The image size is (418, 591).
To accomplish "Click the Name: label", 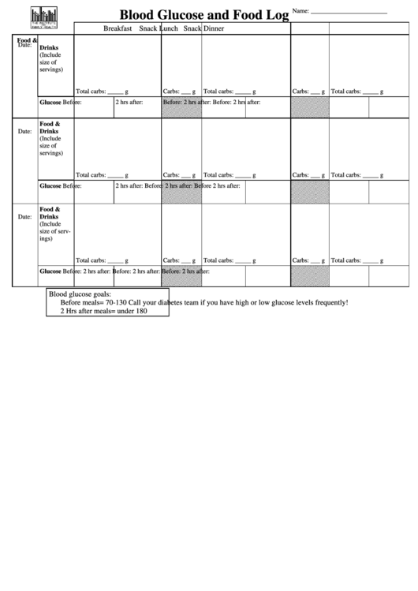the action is pos(300,10).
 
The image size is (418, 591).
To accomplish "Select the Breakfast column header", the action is pos(117,28).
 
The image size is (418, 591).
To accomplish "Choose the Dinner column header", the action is pos(214,28).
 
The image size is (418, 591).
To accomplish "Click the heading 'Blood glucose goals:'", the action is pos(80,294).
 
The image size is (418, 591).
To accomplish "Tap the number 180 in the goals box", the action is pos(141,311).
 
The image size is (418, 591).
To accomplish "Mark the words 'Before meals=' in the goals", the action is pos(82,302).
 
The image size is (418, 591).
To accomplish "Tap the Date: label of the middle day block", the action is pos(24,131).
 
